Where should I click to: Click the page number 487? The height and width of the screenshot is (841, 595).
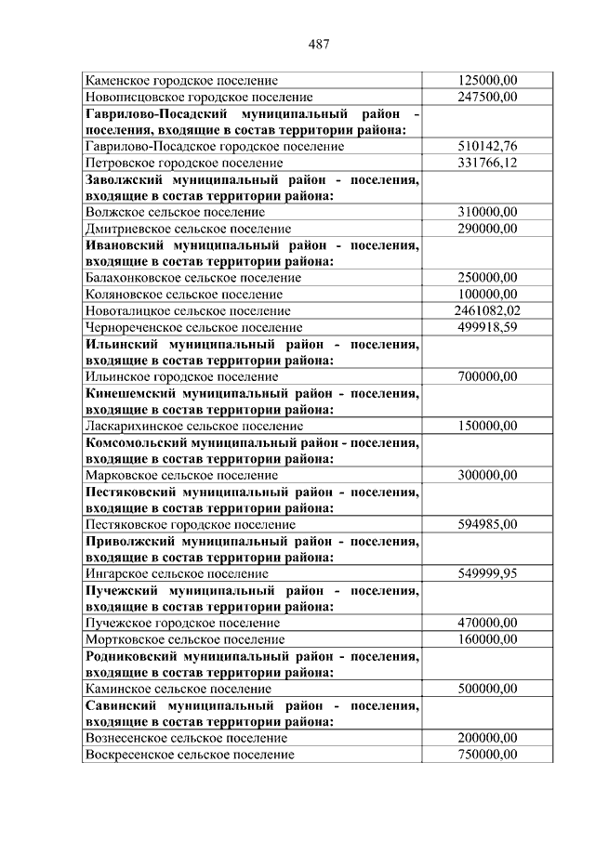(319, 45)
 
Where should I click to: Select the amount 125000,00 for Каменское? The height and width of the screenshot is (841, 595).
(487, 81)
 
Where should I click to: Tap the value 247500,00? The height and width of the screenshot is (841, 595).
(487, 97)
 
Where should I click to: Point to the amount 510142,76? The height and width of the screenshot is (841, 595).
(487, 146)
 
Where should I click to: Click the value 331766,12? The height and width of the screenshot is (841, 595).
(487, 163)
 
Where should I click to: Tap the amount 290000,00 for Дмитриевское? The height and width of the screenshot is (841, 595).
(487, 228)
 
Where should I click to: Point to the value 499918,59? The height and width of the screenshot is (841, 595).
(487, 327)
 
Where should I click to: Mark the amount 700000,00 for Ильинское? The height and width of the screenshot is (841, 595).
(487, 376)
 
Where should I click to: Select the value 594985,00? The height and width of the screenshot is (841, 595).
(487, 524)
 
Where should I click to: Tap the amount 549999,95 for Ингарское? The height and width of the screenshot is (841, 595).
(487, 573)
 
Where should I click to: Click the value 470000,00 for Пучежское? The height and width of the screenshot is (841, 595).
(487, 623)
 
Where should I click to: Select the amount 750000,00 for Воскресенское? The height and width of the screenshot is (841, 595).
(487, 755)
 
